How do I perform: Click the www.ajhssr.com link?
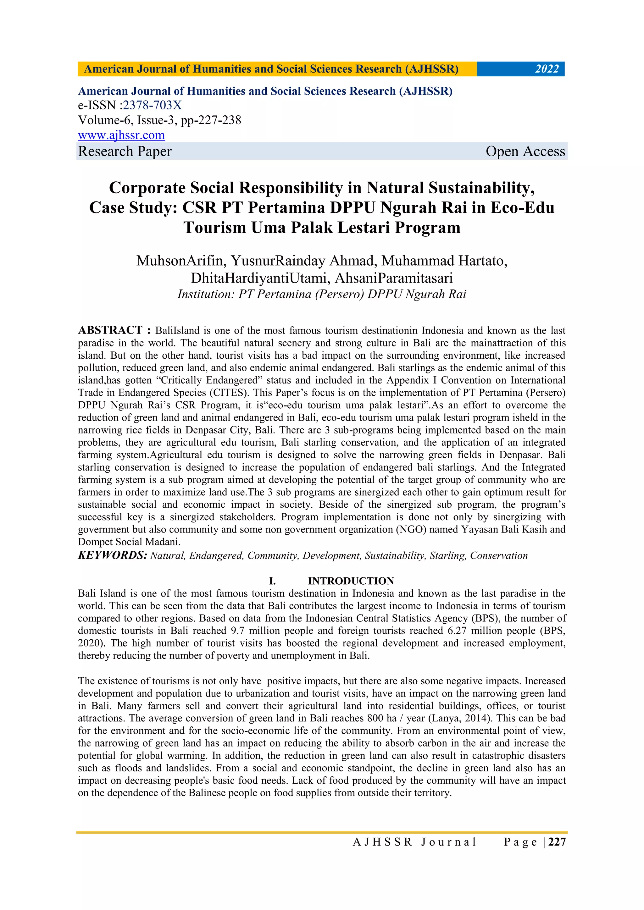pos(121,135)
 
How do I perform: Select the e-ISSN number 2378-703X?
pos(152,105)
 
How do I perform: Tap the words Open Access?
pos(525,152)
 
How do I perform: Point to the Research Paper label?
pos(125,152)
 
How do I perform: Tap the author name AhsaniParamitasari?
pos(393,278)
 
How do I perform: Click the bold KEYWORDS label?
pos(113,555)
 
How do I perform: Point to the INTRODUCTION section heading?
pos(351,581)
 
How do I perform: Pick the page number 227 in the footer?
pos(557,842)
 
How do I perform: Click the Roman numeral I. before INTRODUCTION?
pos(272,581)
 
